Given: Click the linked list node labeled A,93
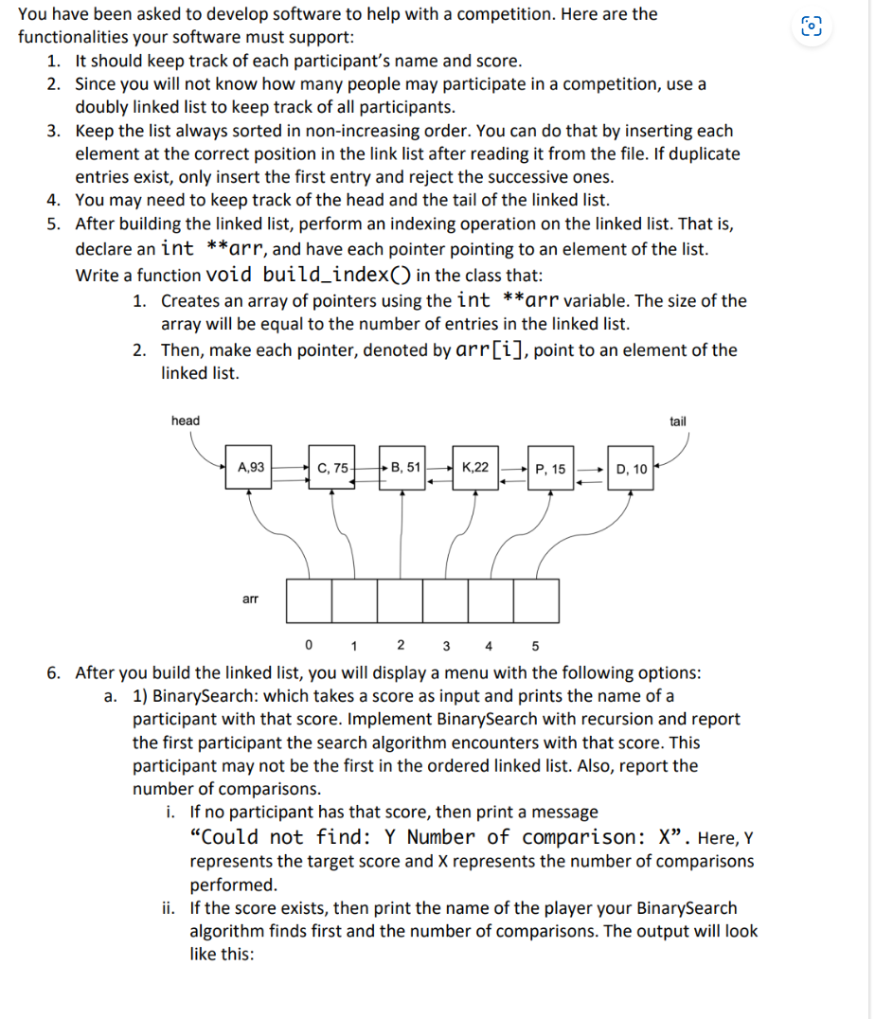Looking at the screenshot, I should [x=251, y=467].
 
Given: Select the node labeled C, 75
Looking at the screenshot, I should [x=332, y=467].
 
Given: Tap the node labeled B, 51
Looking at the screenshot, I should [x=405, y=467].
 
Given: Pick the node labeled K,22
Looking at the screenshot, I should [x=476, y=467].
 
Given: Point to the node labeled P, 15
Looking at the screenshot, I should [x=550, y=469].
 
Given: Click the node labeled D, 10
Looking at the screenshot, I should [x=631, y=469].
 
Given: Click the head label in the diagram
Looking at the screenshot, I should [x=186, y=420].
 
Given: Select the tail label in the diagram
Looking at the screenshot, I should [x=678, y=421].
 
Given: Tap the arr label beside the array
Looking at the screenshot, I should [x=251, y=599].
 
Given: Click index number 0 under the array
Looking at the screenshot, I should [x=309, y=647].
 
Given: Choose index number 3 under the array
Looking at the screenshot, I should [x=445, y=647].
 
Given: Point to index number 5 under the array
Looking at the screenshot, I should [x=535, y=647].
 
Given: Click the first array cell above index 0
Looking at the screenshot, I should [x=309, y=600].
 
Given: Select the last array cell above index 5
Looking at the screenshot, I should [x=536, y=600].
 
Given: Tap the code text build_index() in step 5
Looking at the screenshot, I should [x=337, y=276].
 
